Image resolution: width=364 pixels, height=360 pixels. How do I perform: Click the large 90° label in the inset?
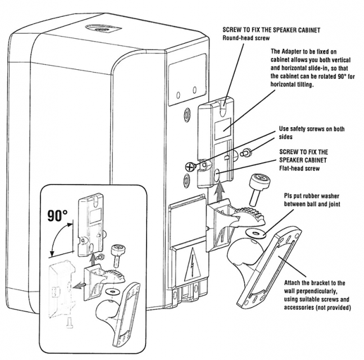[57, 215]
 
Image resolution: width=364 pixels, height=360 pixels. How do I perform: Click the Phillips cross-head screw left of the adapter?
[190, 166]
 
